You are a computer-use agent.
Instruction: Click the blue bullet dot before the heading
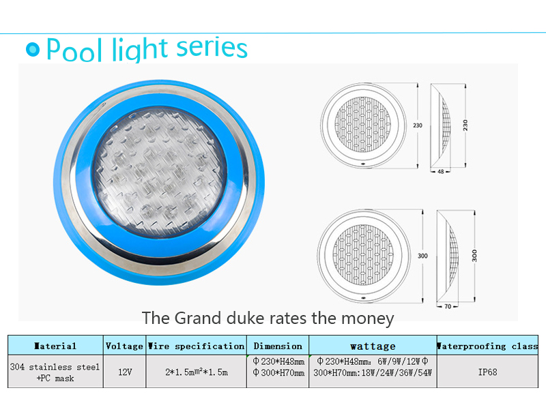tap(33, 49)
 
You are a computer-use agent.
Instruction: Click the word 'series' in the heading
tap(212, 47)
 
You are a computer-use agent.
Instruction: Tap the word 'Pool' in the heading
tap(74, 49)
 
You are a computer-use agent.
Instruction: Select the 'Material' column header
tap(55, 346)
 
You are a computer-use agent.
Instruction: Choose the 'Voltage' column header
tap(124, 346)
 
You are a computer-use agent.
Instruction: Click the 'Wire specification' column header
tap(196, 346)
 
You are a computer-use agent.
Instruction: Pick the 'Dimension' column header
tap(278, 346)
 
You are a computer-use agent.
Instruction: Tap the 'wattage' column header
tap(373, 346)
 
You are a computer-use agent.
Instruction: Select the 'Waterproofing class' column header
tap(487, 346)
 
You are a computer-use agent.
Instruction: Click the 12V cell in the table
tap(125, 372)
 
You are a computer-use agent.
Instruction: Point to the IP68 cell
tap(487, 372)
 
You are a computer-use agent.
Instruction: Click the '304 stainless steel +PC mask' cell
tap(55, 372)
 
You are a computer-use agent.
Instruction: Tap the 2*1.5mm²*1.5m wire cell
tap(197, 372)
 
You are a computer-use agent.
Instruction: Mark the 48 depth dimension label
tap(440, 172)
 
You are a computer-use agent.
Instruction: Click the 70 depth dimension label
tap(448, 306)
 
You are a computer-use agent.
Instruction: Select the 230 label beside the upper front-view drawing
tap(418, 125)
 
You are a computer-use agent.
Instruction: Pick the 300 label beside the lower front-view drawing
tap(422, 256)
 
